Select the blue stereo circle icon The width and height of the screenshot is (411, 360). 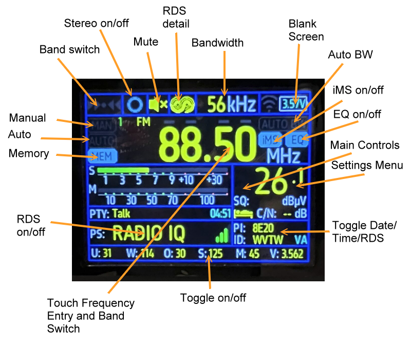tap(135, 104)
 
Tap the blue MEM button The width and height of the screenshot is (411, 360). tap(101, 154)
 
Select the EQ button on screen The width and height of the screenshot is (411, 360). tap(296, 139)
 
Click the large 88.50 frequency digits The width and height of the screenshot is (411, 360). tap(207, 143)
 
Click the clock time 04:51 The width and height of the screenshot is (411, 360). tap(220, 213)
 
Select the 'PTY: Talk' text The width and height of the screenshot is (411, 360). tap(109, 213)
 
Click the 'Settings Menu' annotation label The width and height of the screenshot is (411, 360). tap(367, 166)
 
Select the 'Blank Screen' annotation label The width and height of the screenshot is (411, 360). tap(306, 30)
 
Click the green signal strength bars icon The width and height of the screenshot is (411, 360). tap(222, 236)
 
